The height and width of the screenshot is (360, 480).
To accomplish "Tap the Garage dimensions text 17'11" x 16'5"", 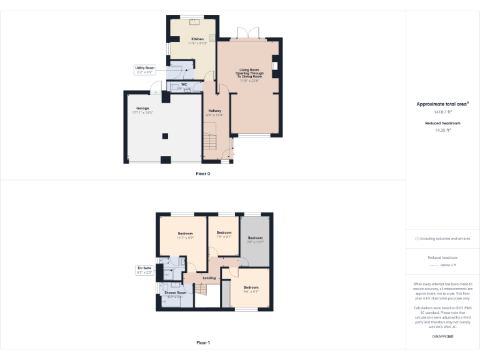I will [x=142, y=112].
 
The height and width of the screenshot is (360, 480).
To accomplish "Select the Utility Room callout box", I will [x=144, y=69].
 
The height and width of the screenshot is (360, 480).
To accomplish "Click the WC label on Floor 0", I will [x=184, y=84].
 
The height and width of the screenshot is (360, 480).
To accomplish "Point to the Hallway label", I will [x=215, y=111].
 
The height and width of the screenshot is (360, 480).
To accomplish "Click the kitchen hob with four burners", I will [x=212, y=37].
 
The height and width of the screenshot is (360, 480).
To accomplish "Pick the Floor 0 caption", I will [x=203, y=173].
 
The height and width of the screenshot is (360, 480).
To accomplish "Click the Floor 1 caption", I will [x=203, y=342].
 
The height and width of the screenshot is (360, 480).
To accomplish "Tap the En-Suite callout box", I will [x=144, y=270].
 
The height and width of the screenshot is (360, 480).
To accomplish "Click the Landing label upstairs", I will [x=209, y=277].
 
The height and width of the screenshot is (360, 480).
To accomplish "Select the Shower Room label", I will [x=175, y=292].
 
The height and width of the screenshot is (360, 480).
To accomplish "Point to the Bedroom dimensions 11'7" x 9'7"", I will [x=185, y=238].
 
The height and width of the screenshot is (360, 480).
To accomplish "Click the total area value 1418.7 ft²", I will [x=442, y=112].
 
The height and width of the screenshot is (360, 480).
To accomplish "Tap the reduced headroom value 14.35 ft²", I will [x=442, y=131].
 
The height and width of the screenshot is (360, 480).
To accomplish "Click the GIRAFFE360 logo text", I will [x=442, y=337].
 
